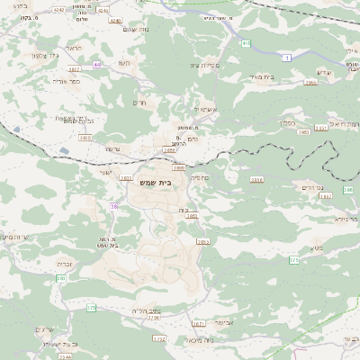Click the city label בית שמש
tap(157, 182)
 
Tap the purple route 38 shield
tap(113, 206)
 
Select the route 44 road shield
tap(96, 65)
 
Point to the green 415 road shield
tap(246, 42)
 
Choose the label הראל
tap(74, 48)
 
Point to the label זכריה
tap(64, 264)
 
